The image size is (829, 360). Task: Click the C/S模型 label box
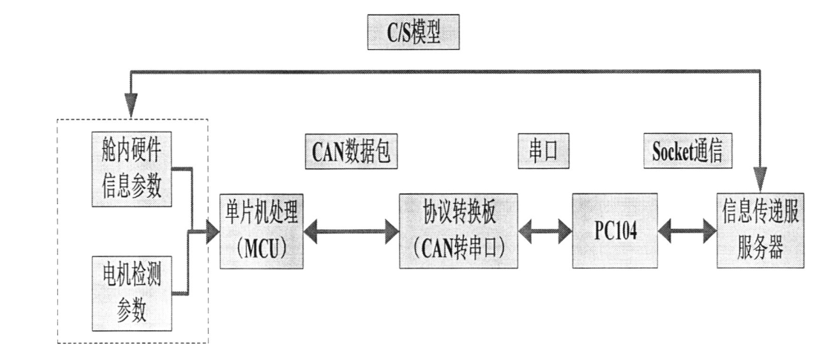[x=414, y=34]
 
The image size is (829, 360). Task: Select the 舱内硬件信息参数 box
[x=130, y=170]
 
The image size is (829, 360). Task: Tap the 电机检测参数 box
[x=130, y=291]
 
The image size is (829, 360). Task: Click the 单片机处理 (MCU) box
[x=262, y=230]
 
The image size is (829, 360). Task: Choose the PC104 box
[x=615, y=230]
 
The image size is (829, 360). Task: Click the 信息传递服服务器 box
[x=758, y=230]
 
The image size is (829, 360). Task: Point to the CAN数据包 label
[x=347, y=152]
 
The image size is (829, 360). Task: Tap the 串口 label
[x=538, y=152]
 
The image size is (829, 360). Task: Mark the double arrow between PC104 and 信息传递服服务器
[x=688, y=231]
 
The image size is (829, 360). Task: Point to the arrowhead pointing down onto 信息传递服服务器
[x=759, y=181]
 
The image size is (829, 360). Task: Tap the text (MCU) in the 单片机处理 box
[x=262, y=246]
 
